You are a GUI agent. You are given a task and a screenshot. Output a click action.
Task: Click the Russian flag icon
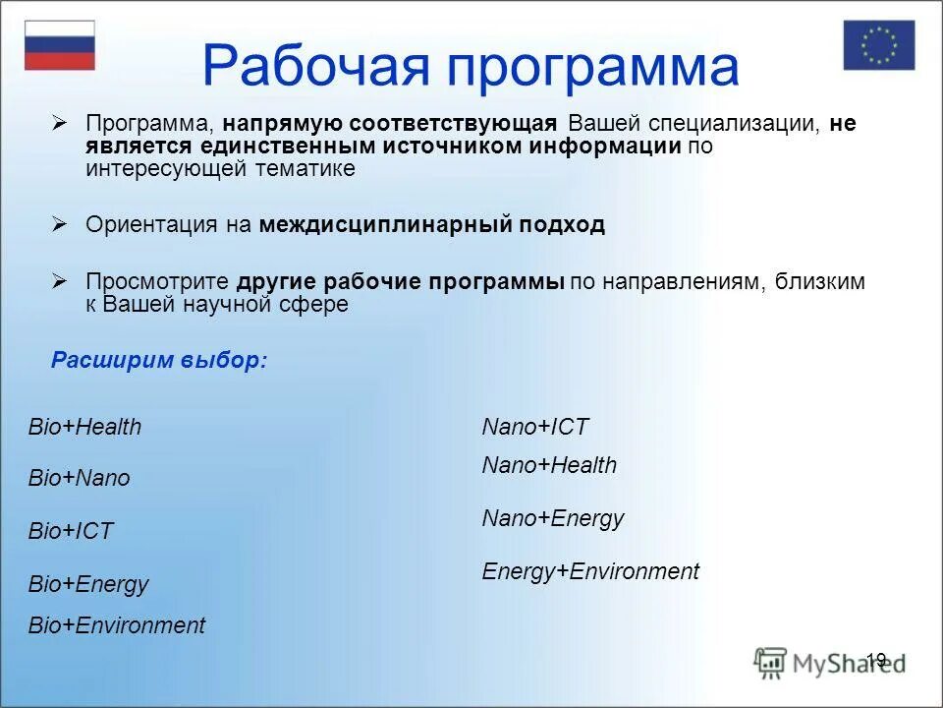(60, 45)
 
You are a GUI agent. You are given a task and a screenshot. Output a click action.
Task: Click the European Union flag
(878, 45)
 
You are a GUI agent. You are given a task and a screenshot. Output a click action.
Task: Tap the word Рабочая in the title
(315, 65)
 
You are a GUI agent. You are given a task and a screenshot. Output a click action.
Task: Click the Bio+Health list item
(84, 426)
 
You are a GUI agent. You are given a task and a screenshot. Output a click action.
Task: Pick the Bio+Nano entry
(80, 478)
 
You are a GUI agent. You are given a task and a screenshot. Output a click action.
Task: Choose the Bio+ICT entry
(71, 530)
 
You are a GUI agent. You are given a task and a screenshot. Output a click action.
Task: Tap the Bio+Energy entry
(88, 584)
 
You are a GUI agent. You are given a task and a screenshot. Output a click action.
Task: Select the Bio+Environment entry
(117, 625)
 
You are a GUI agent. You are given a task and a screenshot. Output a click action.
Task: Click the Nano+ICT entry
(535, 426)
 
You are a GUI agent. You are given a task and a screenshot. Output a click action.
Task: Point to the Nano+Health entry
(550, 465)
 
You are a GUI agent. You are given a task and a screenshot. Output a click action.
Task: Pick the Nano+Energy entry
(553, 518)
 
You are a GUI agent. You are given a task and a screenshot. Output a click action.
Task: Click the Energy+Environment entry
(590, 571)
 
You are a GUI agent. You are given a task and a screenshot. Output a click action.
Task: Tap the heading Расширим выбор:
(159, 360)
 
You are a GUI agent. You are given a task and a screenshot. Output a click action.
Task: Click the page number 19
(876, 660)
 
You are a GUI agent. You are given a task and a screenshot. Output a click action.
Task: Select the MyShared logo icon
(769, 663)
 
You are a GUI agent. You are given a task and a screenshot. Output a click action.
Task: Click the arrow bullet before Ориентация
(59, 224)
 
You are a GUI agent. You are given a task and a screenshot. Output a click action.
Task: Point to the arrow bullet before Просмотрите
(59, 281)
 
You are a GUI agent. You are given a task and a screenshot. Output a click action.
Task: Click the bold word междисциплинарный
(385, 224)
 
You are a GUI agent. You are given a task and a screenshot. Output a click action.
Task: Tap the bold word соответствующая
(454, 123)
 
